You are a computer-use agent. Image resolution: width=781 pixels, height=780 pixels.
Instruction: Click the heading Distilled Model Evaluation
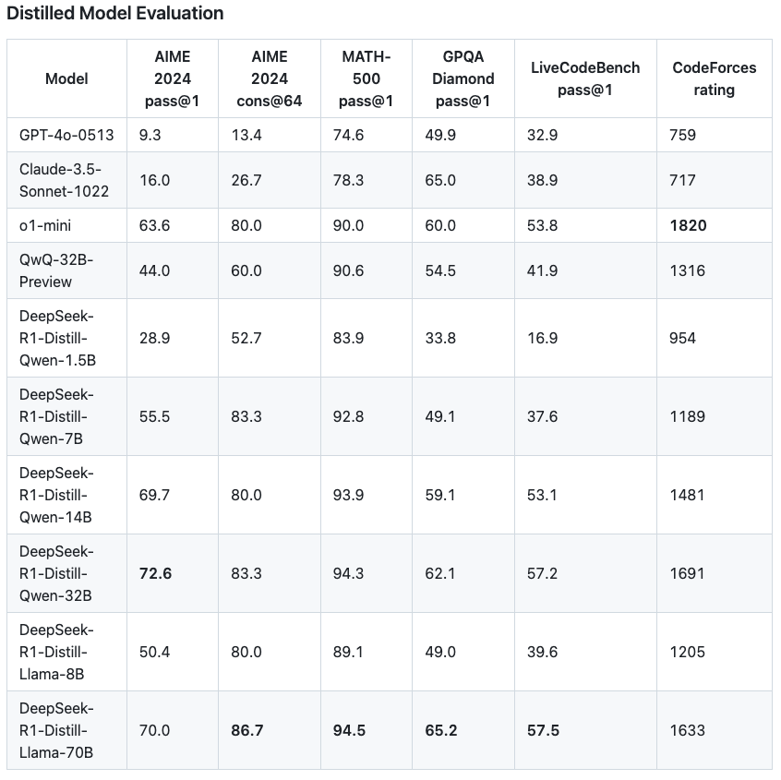click(115, 13)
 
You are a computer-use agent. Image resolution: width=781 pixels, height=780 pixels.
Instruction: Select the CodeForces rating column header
click(714, 78)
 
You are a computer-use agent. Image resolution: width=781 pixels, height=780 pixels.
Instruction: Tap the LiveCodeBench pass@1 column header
click(585, 78)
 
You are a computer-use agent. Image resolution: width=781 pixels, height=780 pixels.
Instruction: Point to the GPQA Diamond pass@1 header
click(463, 78)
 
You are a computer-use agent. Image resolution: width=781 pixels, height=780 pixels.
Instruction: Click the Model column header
click(66, 78)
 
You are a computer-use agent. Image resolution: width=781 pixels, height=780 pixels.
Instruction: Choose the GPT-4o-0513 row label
click(66, 135)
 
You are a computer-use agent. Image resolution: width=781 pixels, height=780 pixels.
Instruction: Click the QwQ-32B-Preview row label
click(56, 270)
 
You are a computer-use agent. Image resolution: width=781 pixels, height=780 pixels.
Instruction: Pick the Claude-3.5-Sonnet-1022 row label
click(64, 180)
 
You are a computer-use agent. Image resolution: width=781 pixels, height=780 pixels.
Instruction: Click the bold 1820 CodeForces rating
click(688, 225)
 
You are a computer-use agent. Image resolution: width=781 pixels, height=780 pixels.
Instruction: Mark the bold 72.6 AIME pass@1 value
click(155, 573)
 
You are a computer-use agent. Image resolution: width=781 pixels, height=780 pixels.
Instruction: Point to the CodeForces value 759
click(682, 135)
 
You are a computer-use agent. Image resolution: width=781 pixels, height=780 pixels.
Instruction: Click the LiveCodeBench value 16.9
click(542, 338)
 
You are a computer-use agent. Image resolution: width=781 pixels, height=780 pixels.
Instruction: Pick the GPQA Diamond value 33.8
click(440, 338)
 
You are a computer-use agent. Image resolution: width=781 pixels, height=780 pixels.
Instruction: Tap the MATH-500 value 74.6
click(348, 135)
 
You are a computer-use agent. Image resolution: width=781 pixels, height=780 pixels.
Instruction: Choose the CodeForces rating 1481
click(687, 495)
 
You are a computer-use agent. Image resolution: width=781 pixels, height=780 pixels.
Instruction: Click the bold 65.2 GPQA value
click(441, 730)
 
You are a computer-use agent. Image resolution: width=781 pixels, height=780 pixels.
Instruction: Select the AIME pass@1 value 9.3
click(150, 135)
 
